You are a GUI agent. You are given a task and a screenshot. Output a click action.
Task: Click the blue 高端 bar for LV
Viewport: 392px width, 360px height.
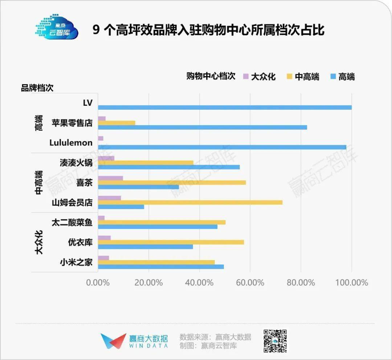click(225, 108)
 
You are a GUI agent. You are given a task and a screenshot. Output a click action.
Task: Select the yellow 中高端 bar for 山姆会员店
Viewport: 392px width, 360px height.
click(190, 202)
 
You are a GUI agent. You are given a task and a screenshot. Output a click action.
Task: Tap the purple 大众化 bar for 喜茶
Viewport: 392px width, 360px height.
click(111, 178)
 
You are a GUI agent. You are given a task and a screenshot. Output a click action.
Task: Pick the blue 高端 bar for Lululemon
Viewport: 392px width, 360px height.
click(222, 147)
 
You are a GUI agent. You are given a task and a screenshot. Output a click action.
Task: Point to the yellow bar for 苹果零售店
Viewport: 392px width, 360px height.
click(117, 123)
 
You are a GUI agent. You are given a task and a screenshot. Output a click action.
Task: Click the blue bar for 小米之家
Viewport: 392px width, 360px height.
click(161, 267)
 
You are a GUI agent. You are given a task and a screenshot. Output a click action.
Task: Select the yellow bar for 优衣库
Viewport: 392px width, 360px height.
click(171, 242)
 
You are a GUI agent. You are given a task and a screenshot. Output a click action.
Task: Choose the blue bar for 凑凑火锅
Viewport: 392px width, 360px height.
click(169, 167)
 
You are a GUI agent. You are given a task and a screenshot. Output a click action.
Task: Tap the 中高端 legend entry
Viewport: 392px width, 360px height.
click(303, 77)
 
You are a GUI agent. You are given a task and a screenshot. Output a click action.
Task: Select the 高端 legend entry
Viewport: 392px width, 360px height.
click(342, 77)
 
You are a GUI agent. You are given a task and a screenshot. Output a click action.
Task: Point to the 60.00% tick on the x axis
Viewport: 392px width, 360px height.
click(250, 283)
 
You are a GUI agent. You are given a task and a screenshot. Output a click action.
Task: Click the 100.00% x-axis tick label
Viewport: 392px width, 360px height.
click(352, 283)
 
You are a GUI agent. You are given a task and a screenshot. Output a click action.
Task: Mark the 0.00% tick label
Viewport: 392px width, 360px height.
click(98, 283)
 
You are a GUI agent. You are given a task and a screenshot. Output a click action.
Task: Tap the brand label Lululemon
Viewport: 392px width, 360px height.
click(71, 143)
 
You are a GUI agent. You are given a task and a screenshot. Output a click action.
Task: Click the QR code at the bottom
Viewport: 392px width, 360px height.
click(275, 341)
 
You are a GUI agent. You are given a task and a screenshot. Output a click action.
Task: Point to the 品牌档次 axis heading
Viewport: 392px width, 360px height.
click(37, 88)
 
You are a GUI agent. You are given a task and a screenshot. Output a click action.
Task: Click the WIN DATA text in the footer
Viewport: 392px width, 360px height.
click(149, 346)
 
